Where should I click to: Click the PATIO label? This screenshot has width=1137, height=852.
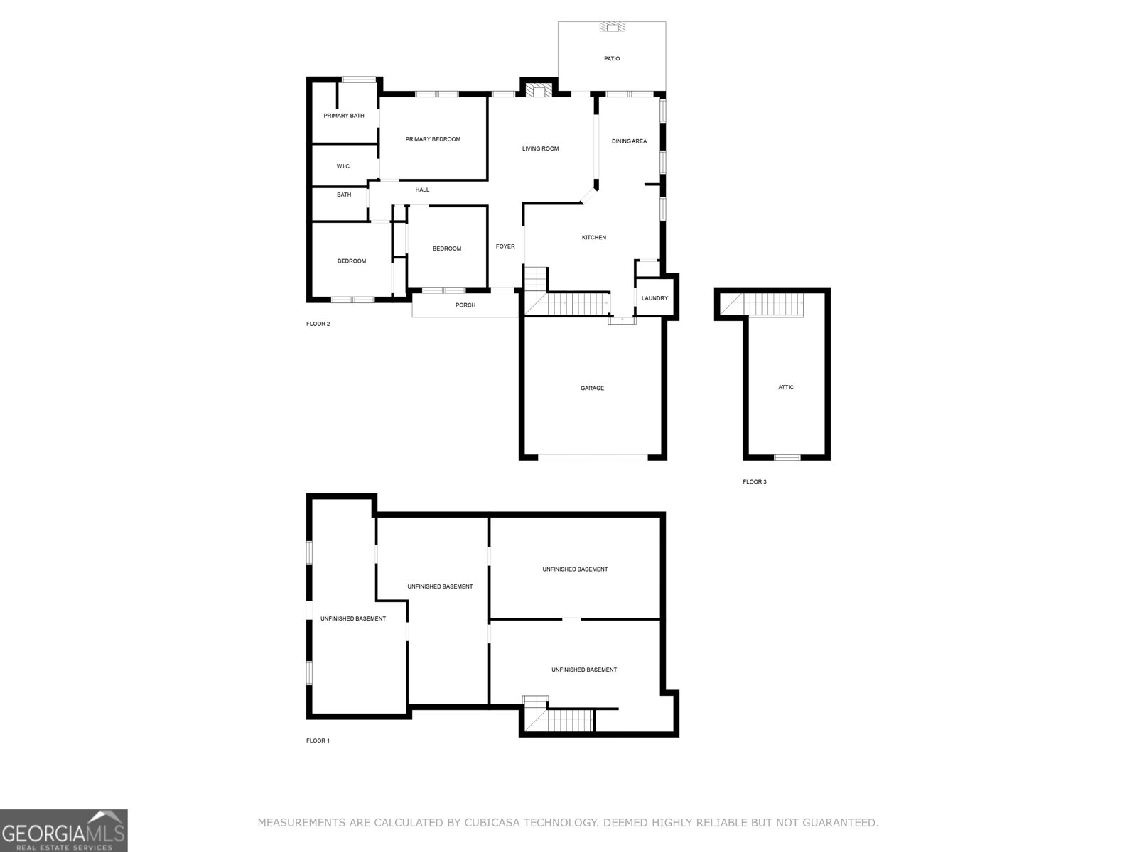[x=612, y=58]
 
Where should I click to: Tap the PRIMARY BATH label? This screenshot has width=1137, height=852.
[x=344, y=116]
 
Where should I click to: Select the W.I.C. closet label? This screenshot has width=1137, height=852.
[x=344, y=166]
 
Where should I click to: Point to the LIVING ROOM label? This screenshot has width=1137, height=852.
[x=541, y=148]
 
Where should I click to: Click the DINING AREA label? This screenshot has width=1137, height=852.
[x=630, y=141]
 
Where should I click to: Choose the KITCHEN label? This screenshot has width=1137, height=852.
[x=594, y=237]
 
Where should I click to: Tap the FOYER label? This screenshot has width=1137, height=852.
[x=505, y=246]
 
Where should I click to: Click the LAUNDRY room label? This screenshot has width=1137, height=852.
[x=654, y=298]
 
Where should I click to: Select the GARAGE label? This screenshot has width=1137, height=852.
[x=593, y=388]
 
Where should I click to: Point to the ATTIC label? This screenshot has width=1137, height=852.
[x=786, y=387]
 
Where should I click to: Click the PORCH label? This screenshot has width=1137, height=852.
[x=465, y=305]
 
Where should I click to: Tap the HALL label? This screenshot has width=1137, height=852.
[x=423, y=190]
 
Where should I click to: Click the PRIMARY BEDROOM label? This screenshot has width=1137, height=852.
[x=433, y=139]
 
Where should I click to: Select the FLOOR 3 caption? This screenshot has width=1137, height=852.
[x=755, y=481]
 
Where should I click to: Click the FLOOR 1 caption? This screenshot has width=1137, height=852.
[x=318, y=741]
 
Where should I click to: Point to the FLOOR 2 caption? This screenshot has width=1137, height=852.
[x=318, y=324]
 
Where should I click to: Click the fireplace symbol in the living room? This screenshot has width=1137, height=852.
[x=539, y=90]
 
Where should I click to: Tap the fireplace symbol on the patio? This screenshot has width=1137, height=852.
[x=612, y=27]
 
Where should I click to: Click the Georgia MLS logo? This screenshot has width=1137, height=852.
[x=64, y=830]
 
